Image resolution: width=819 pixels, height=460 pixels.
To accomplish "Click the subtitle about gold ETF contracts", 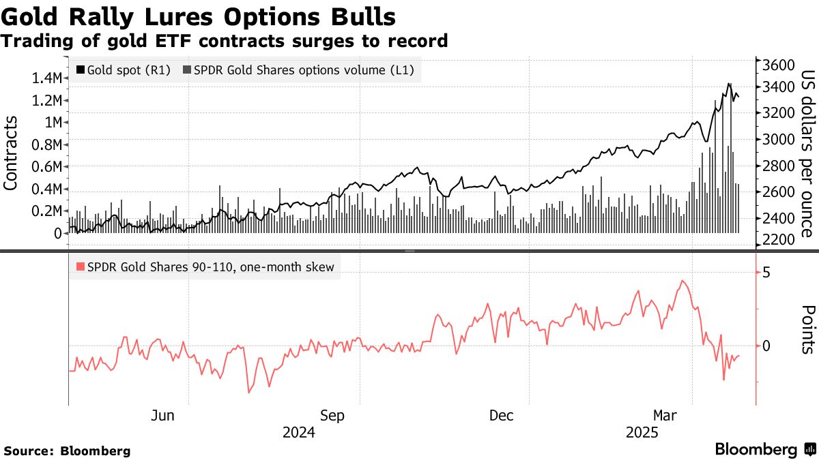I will pyautogui.click(x=225, y=42).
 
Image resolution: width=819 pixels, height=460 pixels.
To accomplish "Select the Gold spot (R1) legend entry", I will pyautogui.click(x=124, y=70).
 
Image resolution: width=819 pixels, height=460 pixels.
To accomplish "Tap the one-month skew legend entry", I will pyautogui.click(x=205, y=267).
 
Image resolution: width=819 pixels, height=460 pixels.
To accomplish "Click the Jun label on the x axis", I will pyautogui.click(x=163, y=416).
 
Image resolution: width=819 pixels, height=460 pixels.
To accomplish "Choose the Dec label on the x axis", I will pyautogui.click(x=502, y=416).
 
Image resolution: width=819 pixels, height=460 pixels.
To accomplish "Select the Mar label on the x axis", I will pyautogui.click(x=666, y=416).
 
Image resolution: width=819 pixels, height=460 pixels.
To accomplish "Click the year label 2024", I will pyautogui.click(x=298, y=433).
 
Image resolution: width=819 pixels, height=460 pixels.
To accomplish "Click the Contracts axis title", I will pyautogui.click(x=12, y=153).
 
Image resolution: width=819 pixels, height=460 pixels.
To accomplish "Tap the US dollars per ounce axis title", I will pyautogui.click(x=806, y=154).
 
